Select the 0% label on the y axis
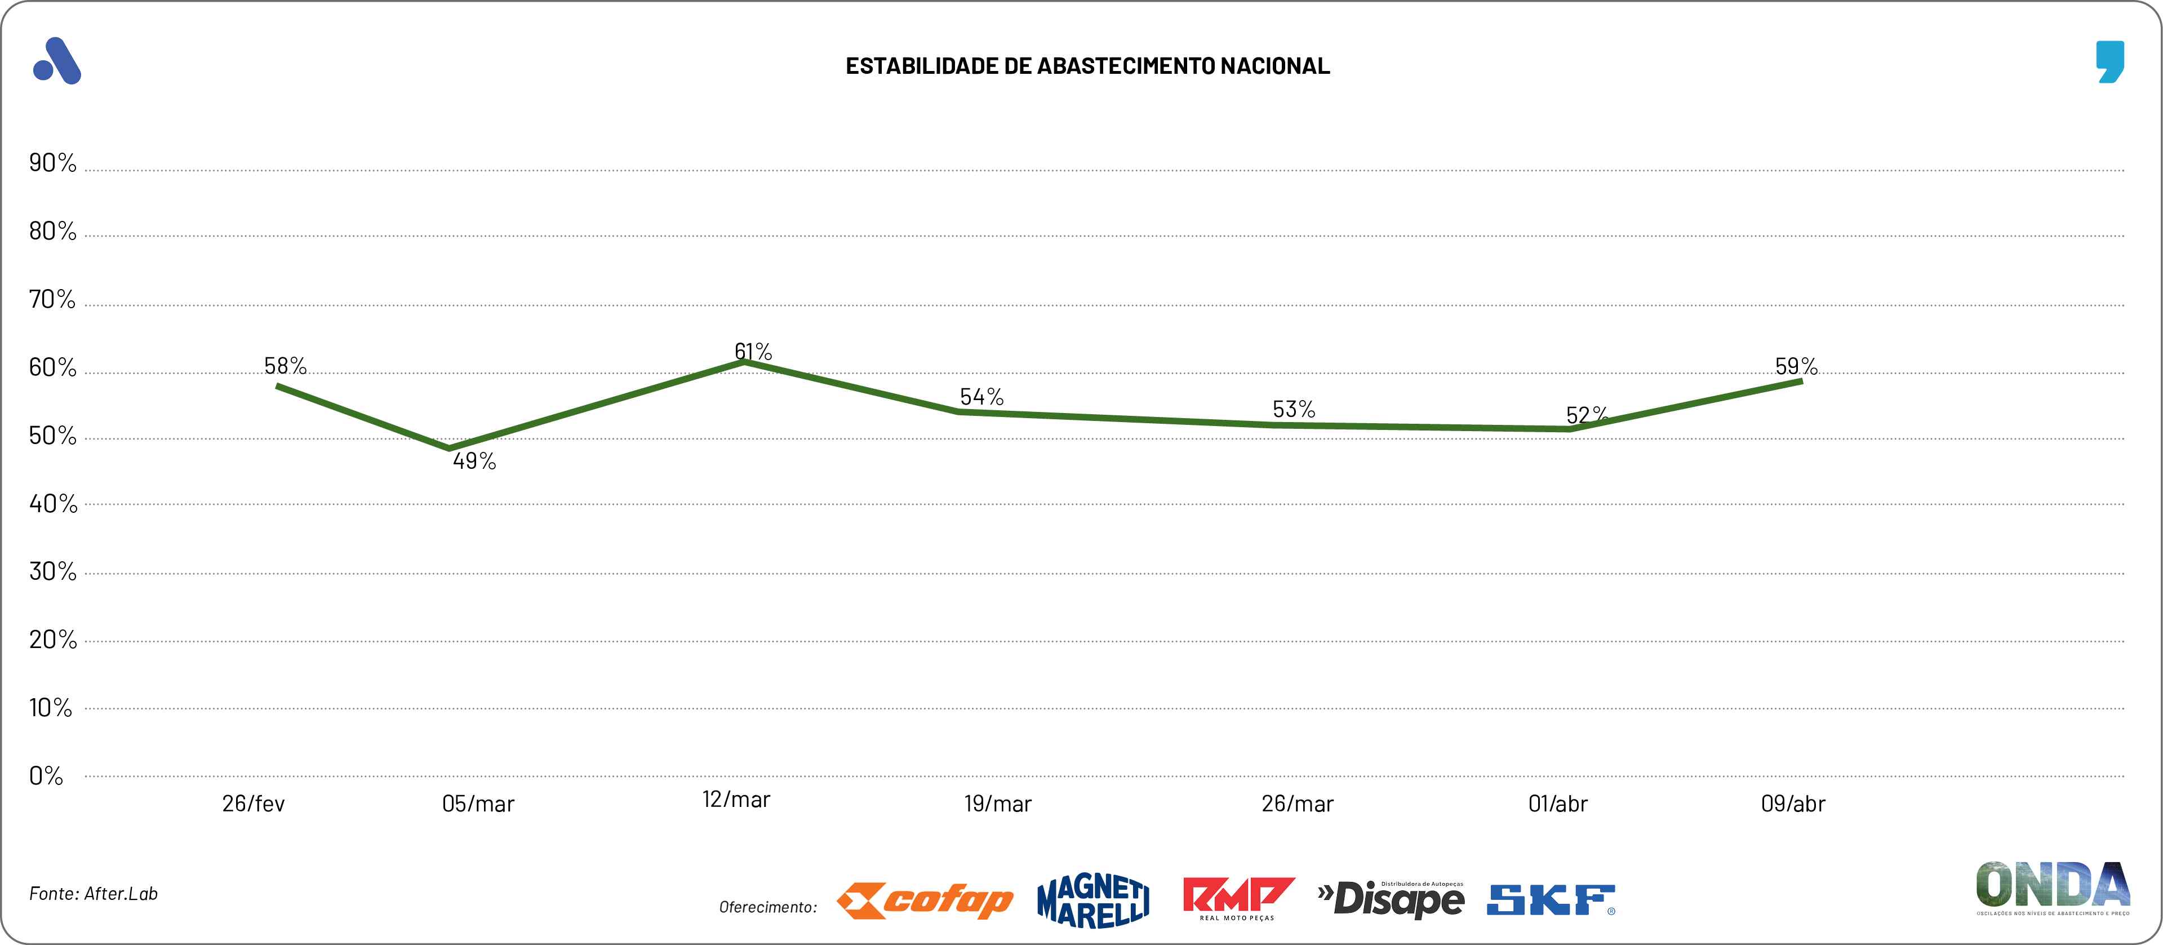(46, 775)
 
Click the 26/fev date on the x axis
(254, 804)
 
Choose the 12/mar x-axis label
(735, 800)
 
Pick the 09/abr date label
(1793, 804)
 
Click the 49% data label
(474, 461)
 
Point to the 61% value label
(753, 351)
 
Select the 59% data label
(1796, 366)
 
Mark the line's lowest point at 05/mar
(449, 448)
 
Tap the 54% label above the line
(981, 397)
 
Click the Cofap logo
(925, 901)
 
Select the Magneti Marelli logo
(1093, 901)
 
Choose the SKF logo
(1551, 900)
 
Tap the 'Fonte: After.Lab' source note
(93, 894)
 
